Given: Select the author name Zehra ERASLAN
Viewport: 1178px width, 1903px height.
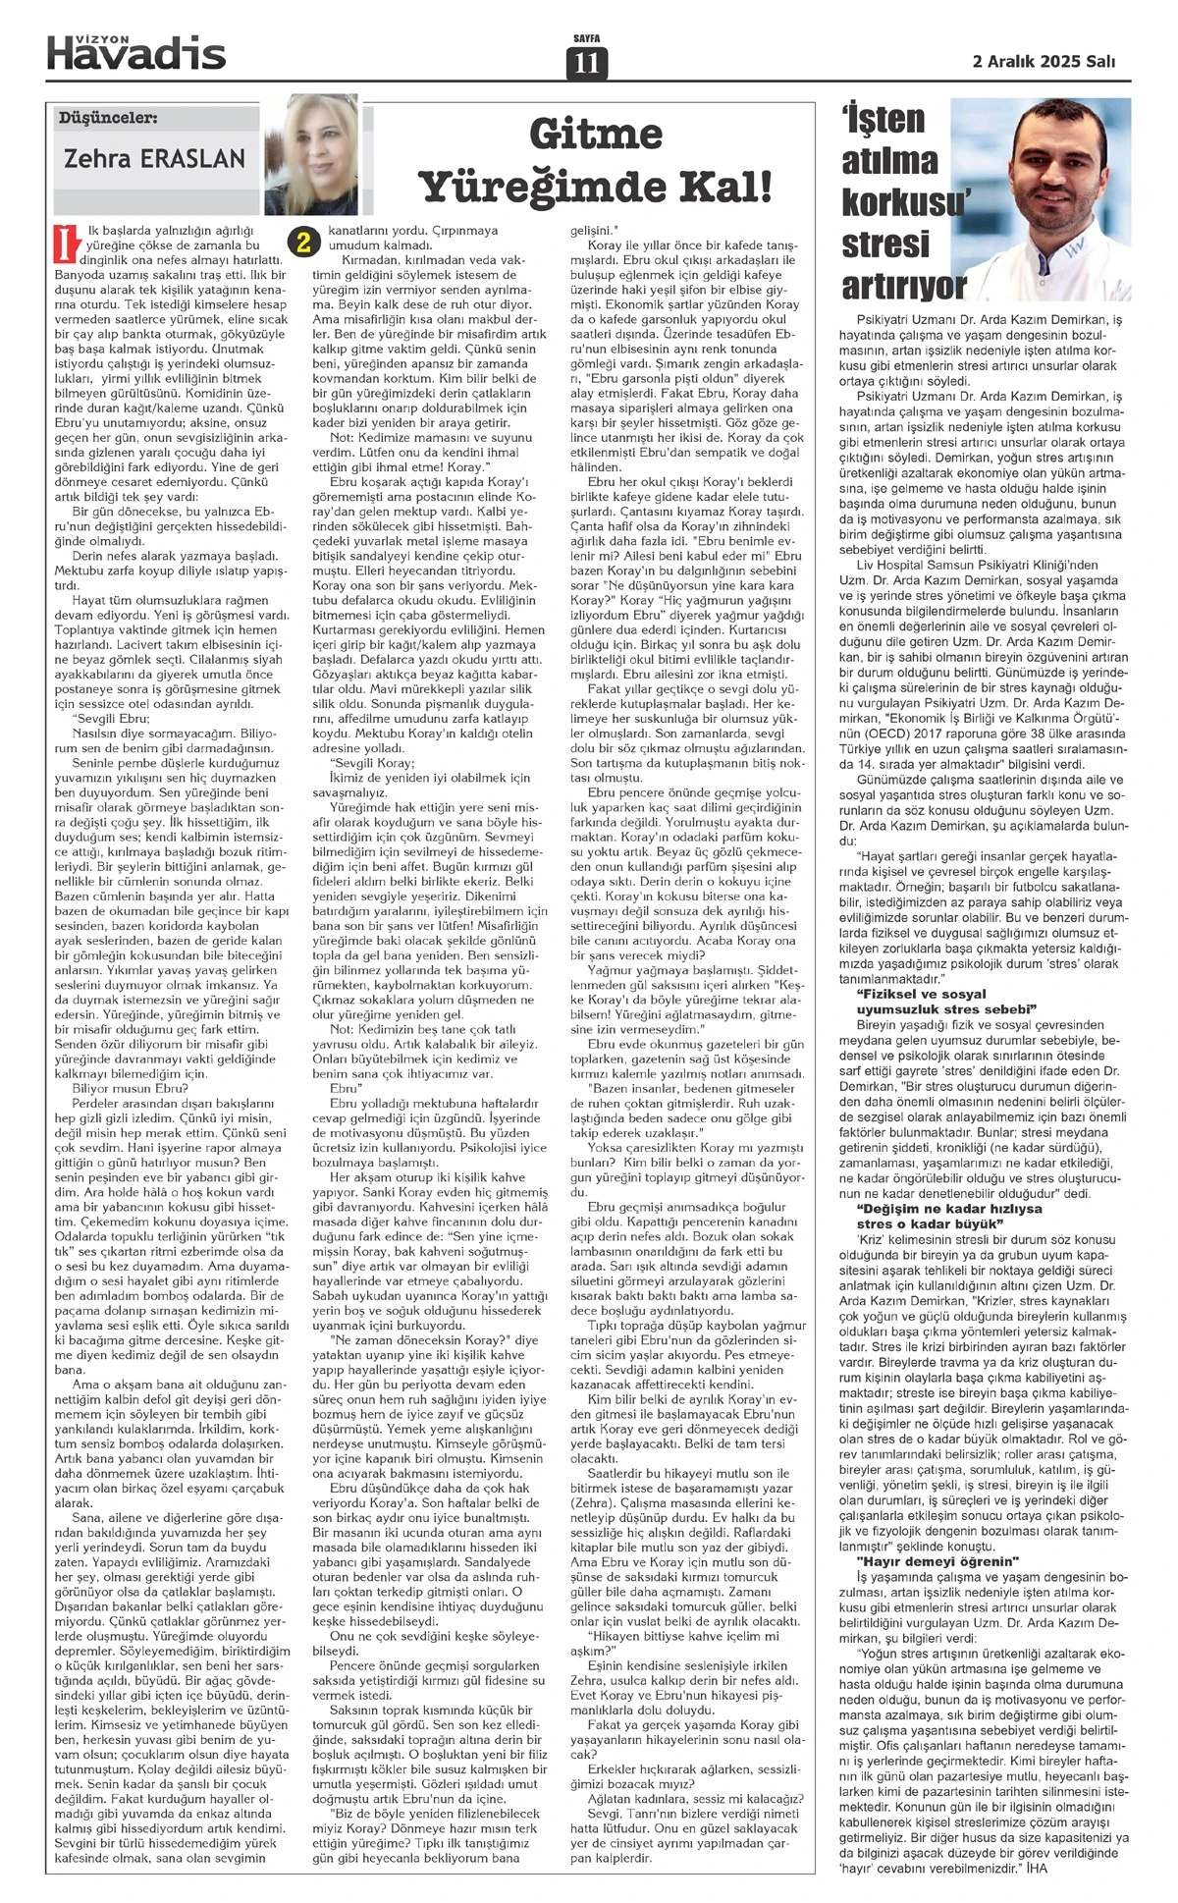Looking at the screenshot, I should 154,158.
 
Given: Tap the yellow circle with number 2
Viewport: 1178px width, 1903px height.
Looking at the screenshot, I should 304,242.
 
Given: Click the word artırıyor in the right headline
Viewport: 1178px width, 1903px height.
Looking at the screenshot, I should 904,287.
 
